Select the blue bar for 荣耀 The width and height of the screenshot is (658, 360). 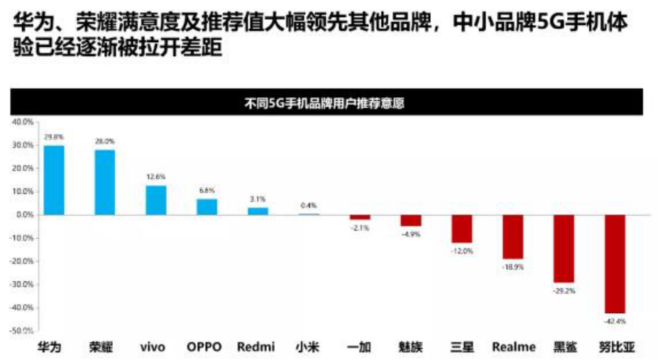(104, 182)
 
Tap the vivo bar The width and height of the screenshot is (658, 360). (156, 200)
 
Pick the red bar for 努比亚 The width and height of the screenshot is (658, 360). (615, 263)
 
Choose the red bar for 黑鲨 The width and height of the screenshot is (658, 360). (564, 248)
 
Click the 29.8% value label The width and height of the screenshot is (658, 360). (54, 136)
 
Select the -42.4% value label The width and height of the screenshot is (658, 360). (615, 322)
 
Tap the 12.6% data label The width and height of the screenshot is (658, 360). (156, 176)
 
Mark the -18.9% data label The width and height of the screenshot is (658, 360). (513, 266)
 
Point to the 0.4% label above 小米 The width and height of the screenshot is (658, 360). (309, 205)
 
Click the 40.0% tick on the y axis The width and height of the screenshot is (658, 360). (22, 121)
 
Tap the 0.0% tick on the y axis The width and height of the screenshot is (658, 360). (23, 214)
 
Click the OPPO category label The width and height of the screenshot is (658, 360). (204, 347)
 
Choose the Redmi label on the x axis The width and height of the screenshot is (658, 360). (256, 347)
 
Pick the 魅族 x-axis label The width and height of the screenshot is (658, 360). (410, 347)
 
